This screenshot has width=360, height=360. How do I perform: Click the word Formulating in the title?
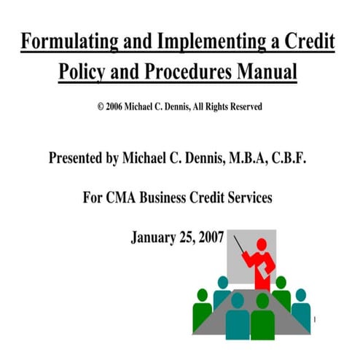pyautogui.click(x=66, y=42)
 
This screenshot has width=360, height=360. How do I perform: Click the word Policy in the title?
pyautogui.click(x=82, y=74)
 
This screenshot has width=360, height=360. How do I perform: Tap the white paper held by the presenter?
pyautogui.click(x=276, y=271)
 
